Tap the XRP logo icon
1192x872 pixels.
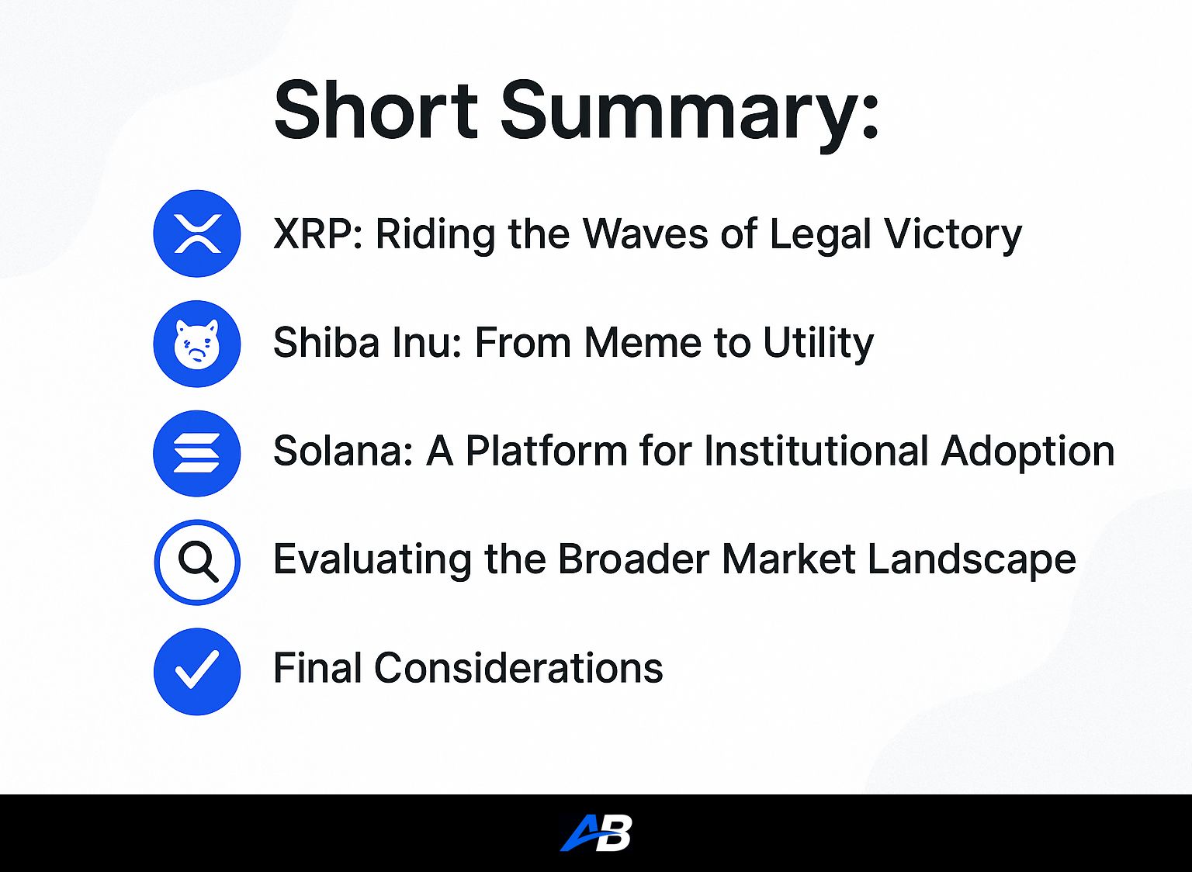click(x=197, y=234)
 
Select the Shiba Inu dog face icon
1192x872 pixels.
click(x=197, y=344)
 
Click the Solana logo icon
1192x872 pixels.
click(x=197, y=453)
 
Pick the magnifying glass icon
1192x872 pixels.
click(x=197, y=562)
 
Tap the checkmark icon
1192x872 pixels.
click(x=197, y=671)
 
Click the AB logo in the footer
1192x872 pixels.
click(x=596, y=833)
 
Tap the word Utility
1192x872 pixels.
click(x=818, y=344)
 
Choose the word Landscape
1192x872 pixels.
click(x=972, y=561)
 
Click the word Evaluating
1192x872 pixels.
click(x=372, y=561)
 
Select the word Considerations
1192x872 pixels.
click(x=518, y=668)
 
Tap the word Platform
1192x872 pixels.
click(x=546, y=452)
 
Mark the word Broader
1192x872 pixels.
click(x=633, y=559)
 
